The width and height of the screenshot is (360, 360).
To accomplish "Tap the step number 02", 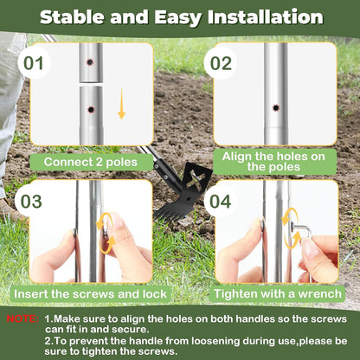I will tap(220, 63).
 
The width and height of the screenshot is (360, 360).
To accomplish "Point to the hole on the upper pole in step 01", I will tap(91, 61).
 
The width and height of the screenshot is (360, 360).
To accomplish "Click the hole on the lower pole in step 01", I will tap(91, 110).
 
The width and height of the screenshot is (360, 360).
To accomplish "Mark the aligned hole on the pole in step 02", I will tap(275, 107).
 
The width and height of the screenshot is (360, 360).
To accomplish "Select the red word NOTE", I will tap(22, 319).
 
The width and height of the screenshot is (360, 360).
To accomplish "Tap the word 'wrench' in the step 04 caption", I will tap(310, 293).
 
